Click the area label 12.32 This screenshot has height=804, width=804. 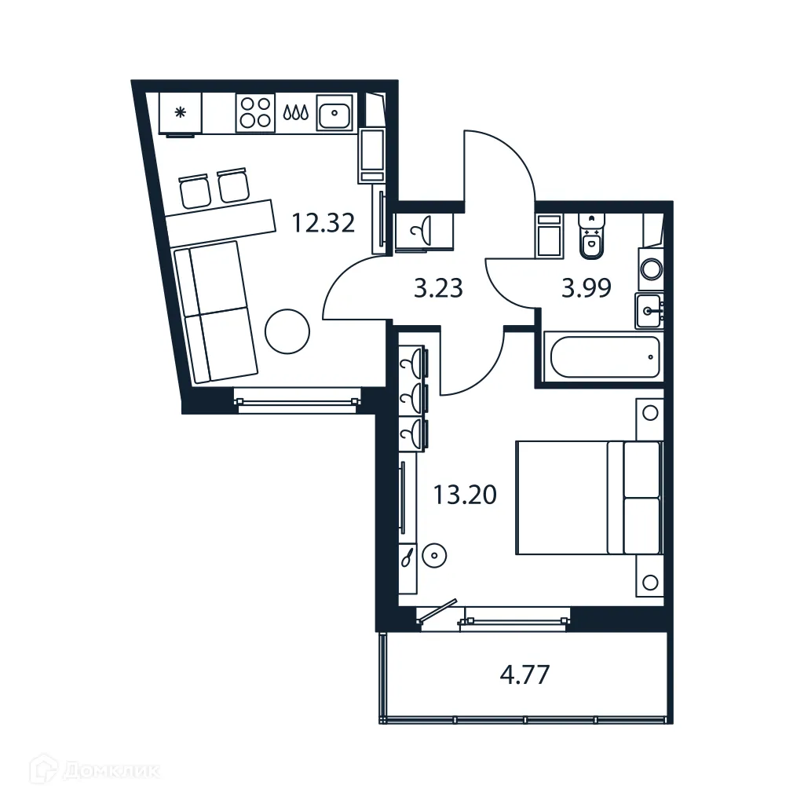click(x=323, y=224)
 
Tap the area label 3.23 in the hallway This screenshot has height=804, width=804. click(x=439, y=289)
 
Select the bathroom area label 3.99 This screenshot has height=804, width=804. click(x=586, y=289)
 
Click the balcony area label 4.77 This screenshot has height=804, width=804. click(x=525, y=674)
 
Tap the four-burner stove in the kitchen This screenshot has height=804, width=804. click(x=256, y=112)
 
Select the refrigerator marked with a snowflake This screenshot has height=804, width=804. click(x=181, y=113)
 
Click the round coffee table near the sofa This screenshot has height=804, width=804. click(x=288, y=333)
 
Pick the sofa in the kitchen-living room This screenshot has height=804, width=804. click(x=216, y=312)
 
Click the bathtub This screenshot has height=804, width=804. click(x=604, y=357)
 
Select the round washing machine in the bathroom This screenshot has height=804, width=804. click(x=651, y=269)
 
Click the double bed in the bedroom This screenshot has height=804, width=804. click(x=587, y=498)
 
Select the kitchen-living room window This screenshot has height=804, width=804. click(x=296, y=403)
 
